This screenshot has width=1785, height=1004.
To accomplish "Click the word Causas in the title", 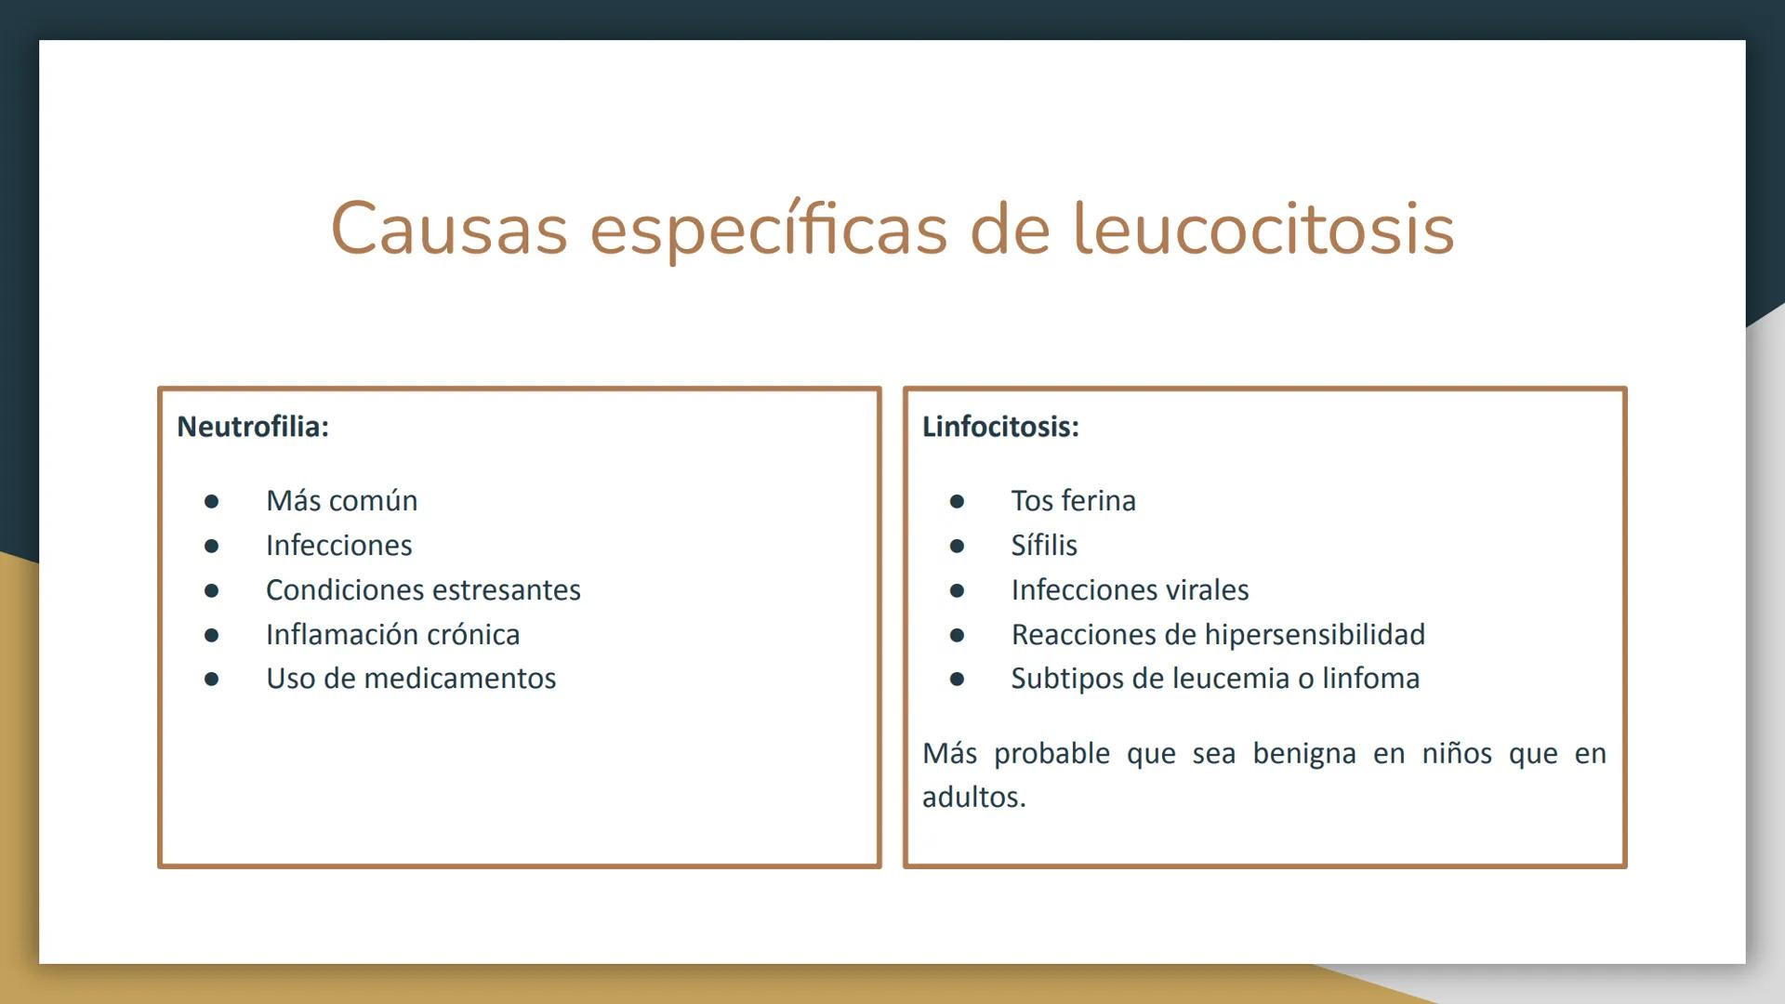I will [x=449, y=229].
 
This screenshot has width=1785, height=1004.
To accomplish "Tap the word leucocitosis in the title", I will [x=1263, y=229].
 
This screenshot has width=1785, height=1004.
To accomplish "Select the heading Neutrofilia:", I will [x=253, y=427].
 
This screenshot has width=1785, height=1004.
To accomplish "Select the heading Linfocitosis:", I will [x=1000, y=427].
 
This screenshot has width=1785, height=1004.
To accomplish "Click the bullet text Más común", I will [x=341, y=501].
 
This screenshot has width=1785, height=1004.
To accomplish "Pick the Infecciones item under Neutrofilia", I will [x=338, y=546].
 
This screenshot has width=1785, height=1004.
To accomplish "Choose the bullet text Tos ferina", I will [x=1073, y=501].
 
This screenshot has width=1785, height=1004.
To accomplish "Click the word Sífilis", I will [x=1044, y=546].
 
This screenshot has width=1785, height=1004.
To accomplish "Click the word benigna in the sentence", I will [x=1303, y=754].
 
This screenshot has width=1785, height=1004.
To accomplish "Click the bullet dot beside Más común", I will [x=212, y=502].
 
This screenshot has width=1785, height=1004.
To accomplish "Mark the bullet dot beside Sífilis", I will [x=957, y=547].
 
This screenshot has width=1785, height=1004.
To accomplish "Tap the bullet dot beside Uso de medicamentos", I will [x=212, y=680].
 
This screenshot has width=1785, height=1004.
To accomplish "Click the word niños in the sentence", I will [x=1456, y=754].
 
